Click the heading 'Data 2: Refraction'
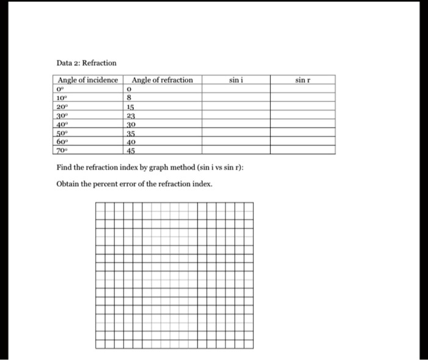(x=86, y=63)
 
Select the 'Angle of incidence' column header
(x=87, y=80)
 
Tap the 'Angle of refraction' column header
(x=162, y=80)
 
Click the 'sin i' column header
(x=236, y=80)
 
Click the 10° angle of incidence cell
(x=62, y=97)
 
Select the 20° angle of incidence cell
(x=62, y=105)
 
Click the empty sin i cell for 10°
(x=236, y=97)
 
